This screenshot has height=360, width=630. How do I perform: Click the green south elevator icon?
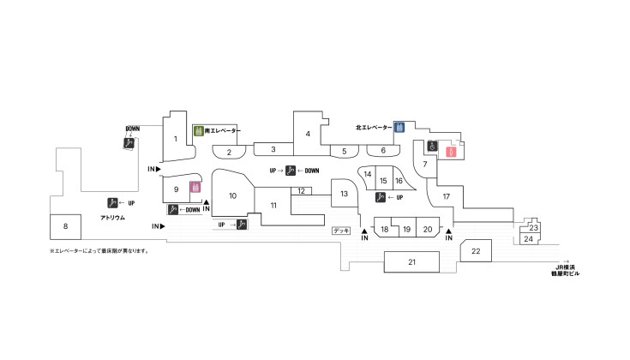tap(199, 130)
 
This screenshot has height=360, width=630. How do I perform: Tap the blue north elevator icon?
tap(399, 128)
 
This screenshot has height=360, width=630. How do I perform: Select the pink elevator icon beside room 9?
tap(195, 187)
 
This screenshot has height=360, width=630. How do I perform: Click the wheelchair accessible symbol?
tap(432, 146)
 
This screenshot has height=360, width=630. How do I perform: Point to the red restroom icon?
tap(451, 152)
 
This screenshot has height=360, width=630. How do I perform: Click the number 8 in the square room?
tap(65, 226)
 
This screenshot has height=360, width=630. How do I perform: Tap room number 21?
tap(411, 262)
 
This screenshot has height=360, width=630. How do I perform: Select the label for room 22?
tap(476, 251)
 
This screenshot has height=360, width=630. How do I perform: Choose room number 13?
tap(344, 194)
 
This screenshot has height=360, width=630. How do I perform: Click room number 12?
tap(302, 191)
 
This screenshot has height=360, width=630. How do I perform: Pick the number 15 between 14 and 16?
tap(383, 181)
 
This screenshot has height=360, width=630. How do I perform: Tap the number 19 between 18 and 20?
tap(406, 230)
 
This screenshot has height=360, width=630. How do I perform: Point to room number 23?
tap(533, 228)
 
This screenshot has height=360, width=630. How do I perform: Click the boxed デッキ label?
tap(341, 231)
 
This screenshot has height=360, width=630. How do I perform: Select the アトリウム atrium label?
tap(113, 218)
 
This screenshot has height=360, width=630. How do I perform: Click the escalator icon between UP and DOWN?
tap(290, 171)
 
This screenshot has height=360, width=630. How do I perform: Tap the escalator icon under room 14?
tap(380, 197)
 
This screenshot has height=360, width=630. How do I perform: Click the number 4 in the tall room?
tap(308, 134)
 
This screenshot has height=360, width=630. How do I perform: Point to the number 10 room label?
tap(232, 195)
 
